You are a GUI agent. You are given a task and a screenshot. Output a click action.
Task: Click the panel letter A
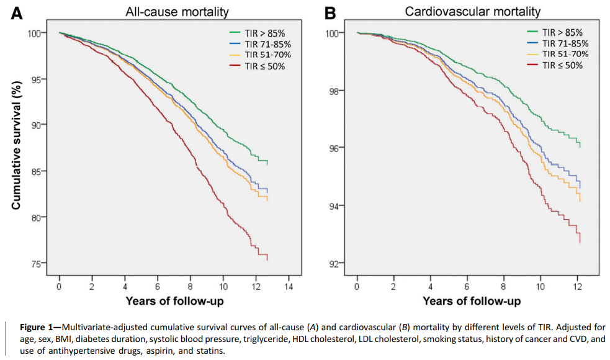click(17, 12)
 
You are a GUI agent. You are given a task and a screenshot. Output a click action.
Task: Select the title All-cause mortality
click(168, 12)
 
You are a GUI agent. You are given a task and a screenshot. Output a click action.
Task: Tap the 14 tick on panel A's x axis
click(289, 287)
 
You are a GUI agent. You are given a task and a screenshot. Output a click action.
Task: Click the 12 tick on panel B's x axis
click(577, 287)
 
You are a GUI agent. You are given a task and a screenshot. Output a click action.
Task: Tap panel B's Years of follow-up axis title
click(472, 301)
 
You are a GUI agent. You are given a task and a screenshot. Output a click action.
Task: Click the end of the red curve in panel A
click(267, 259)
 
